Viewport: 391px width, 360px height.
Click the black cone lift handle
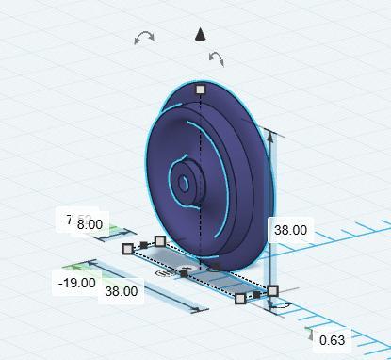pos(200,36)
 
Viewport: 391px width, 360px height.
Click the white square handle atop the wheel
pos(200,90)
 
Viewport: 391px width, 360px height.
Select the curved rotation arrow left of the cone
pos(144,38)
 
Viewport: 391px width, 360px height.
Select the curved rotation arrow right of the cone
pos(216,60)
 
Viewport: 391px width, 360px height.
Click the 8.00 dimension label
pos(90,224)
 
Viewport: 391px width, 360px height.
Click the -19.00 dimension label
pos(76,282)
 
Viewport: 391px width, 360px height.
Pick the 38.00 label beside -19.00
pos(121,291)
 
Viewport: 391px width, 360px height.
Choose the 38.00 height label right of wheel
pos(289,229)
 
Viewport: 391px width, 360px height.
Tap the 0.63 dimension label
pos(332,340)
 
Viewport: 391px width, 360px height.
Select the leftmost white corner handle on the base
pos(128,249)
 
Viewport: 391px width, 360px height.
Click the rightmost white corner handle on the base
pos(273,291)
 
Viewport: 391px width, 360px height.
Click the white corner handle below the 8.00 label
pos(159,241)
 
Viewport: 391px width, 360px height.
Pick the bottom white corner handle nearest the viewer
pos(240,299)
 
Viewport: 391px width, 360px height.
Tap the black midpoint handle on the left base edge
pos(143,245)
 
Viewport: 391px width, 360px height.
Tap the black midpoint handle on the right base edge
pos(257,295)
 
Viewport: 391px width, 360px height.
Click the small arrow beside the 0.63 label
pos(311,333)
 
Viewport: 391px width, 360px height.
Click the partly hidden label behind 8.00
pos(67,221)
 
